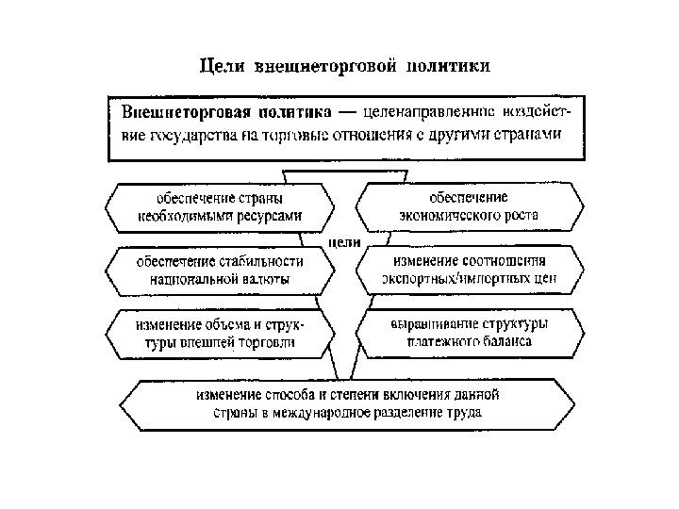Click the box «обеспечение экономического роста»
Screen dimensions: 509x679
coord(469,206)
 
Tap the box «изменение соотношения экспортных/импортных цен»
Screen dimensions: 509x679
coord(469,270)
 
